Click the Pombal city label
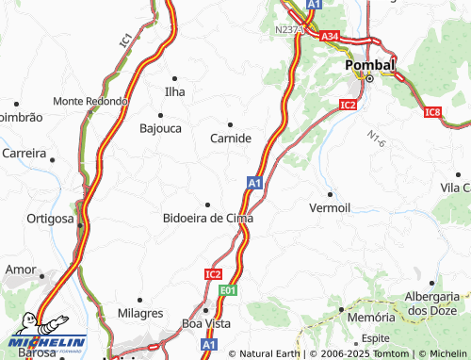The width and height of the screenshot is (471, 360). pyautogui.click(x=370, y=64)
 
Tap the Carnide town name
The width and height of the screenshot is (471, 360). pyautogui.click(x=230, y=138)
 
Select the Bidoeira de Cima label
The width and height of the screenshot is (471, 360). pyautogui.click(x=208, y=218)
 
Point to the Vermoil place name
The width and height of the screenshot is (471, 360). pyautogui.click(x=330, y=207)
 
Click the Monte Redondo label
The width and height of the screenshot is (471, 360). pyautogui.click(x=90, y=101)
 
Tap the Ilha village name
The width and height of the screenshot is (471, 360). pyautogui.click(x=174, y=91)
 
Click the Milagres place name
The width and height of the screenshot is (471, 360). pyautogui.click(x=140, y=313)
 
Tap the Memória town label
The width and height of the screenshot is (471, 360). pyautogui.click(x=365, y=318)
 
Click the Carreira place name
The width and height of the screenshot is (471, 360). pyautogui.click(x=24, y=152)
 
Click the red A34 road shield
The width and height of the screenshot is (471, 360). pyautogui.click(x=329, y=36)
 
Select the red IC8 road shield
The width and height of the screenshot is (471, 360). pyautogui.click(x=432, y=113)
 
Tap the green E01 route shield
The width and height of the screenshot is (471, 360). pyautogui.click(x=227, y=292)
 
